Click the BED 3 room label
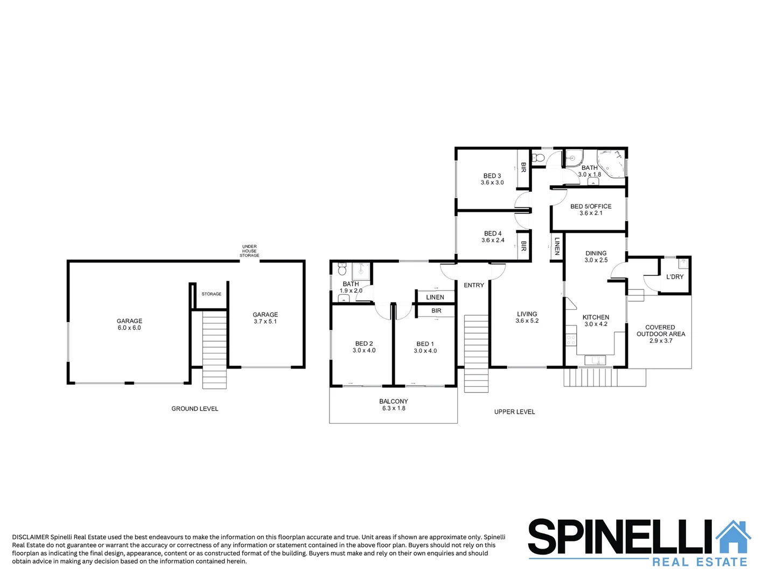[x=492, y=176]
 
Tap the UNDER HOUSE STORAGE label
[x=249, y=251]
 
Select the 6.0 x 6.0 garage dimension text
[x=129, y=328]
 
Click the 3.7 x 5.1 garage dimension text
[x=265, y=322]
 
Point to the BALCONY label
[x=393, y=401]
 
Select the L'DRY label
[x=675, y=277]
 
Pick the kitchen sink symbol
[x=595, y=359]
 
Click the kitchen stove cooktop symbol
[x=571, y=340]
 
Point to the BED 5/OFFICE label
[x=591, y=206]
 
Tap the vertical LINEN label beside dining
[x=557, y=246]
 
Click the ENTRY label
[x=474, y=285]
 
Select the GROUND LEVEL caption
[x=195, y=409]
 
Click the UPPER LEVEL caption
[x=514, y=412]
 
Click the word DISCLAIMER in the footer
[x=30, y=537]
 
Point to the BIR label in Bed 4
[x=523, y=246]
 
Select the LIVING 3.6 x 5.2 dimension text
[x=527, y=321]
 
